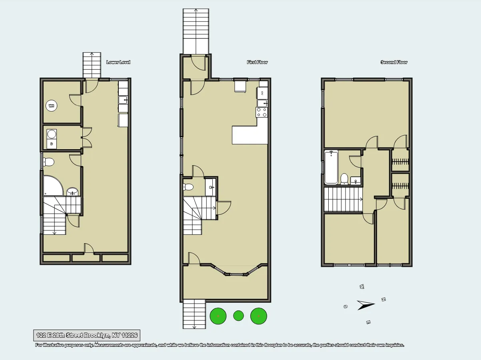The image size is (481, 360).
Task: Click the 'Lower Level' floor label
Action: coord(118,62)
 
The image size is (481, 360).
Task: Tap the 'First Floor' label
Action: coord(257,62)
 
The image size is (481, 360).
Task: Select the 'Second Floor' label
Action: coord(394,62)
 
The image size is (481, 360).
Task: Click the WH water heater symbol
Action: coord(51,106)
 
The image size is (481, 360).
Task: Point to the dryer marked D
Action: coord(52,144)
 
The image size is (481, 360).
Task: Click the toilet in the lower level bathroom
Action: coord(49,162)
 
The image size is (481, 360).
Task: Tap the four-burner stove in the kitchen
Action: coord(262,112)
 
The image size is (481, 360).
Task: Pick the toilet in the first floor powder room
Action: coord(188,187)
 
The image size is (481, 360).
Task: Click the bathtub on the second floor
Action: coord(331,167)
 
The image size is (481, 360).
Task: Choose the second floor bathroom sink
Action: coord(355,181)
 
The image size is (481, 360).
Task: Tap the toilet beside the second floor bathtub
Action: coord(344,178)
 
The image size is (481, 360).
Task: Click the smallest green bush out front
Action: coord(238,316)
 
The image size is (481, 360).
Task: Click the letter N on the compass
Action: coord(383,299)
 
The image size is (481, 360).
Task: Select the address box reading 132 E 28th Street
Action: coord(87,335)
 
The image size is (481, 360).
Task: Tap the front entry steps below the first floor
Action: coord(194,314)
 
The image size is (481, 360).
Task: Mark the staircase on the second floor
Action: coord(343,199)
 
